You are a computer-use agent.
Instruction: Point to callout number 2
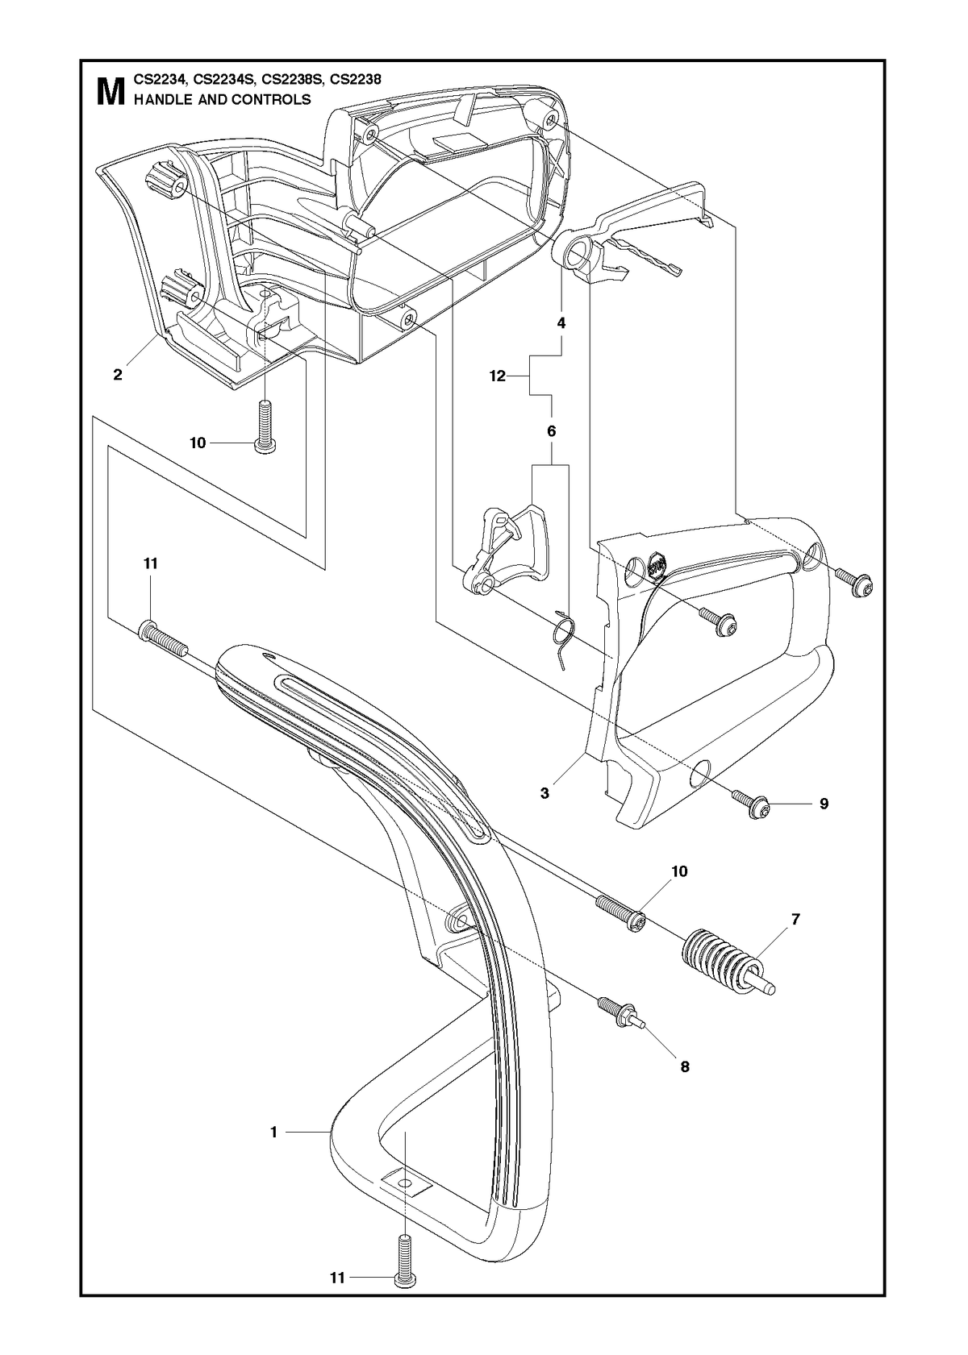pyautogui.click(x=118, y=375)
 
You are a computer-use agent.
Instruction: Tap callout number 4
pyautogui.click(x=561, y=323)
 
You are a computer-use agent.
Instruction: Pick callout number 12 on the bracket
pyautogui.click(x=497, y=376)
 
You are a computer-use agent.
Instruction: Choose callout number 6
pyautogui.click(x=551, y=431)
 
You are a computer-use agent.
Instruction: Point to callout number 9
pyautogui.click(x=824, y=804)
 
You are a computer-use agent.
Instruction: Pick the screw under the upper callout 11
pyautogui.click(x=164, y=639)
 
